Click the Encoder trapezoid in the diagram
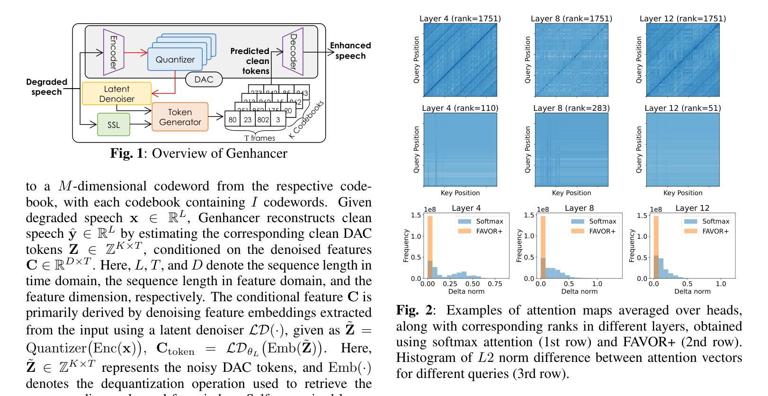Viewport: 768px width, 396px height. (113, 52)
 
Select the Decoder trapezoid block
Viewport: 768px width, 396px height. (293, 52)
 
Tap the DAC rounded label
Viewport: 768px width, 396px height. (204, 79)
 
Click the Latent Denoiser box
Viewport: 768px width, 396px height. (116, 94)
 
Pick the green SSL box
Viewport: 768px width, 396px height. (114, 125)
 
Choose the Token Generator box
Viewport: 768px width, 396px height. (180, 117)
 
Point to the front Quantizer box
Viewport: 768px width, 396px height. (175, 60)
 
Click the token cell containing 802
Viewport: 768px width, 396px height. (263, 120)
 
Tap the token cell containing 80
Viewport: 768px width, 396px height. (232, 120)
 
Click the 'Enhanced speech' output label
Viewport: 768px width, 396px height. (350, 51)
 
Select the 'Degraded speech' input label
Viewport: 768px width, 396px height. (46, 87)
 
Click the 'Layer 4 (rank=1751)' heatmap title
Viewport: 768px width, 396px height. (460, 18)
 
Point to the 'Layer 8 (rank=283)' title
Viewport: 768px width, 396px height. (572, 108)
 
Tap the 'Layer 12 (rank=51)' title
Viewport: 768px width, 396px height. (683, 108)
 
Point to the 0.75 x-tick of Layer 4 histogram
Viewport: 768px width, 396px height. (495, 284)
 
